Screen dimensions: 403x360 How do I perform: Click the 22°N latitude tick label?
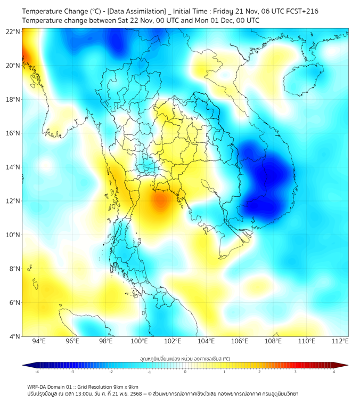13,31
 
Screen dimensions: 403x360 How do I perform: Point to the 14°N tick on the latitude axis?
13,167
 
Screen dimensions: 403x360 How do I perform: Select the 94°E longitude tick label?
39,341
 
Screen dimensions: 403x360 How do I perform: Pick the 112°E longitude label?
340,341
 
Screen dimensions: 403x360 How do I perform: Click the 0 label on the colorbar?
185,372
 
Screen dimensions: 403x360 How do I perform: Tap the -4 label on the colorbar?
36,372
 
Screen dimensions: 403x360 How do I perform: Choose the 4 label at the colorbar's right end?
334,372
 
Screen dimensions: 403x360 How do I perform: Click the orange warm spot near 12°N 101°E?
160,201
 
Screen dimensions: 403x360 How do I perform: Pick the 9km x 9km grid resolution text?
122,386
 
